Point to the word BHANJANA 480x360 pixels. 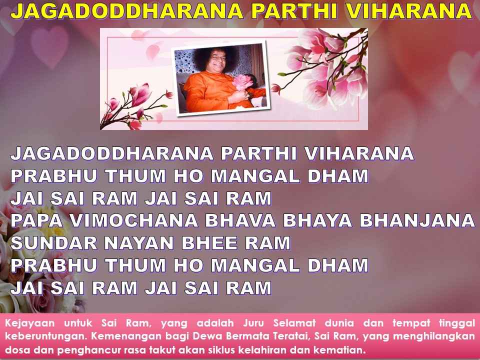(x=417, y=220)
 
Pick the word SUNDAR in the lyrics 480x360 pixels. (x=54, y=243)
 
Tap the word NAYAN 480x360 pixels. (x=139, y=243)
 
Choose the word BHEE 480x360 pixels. (x=209, y=243)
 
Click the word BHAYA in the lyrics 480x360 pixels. (x=317, y=220)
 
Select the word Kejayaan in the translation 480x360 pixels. (x=29, y=323)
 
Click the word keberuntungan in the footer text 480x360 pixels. (x=45, y=336)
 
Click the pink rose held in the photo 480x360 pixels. (x=242, y=82)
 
